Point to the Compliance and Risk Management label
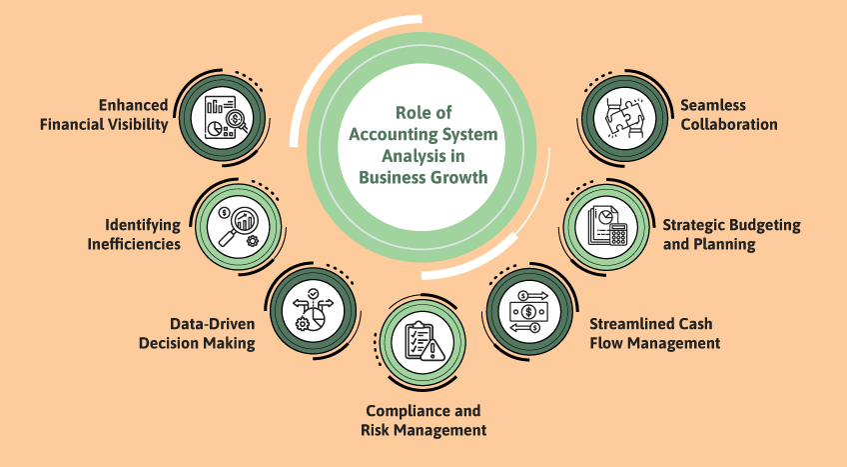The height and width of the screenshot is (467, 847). click(x=423, y=420)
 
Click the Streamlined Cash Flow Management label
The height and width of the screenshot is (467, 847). click(x=654, y=333)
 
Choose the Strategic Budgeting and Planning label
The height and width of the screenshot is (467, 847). click(x=731, y=234)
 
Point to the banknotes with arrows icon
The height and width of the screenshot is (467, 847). click(x=524, y=311)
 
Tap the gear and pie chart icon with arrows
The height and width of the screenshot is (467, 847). click(x=310, y=310)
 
